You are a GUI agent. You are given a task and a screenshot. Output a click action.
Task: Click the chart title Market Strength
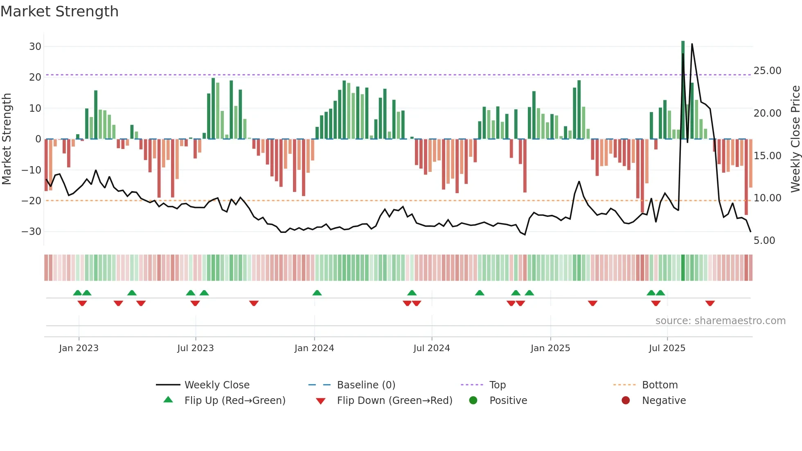coord(59,11)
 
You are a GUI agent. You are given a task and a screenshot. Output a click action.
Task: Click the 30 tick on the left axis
coord(35,47)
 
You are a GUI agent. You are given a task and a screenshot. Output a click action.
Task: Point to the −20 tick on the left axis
coord(32,201)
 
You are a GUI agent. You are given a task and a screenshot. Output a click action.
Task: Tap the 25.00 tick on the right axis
coord(767,71)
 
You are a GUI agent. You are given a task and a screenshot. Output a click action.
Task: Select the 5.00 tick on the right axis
coord(764,241)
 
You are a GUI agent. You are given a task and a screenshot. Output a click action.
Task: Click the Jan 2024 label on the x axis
coord(314,348)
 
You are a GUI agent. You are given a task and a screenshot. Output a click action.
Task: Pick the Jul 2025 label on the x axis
coord(667,348)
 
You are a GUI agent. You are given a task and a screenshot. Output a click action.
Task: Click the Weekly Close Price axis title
coord(795,139)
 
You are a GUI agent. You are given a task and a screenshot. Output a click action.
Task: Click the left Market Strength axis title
coord(7,139)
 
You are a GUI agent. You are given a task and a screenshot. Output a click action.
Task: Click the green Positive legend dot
coord(473,401)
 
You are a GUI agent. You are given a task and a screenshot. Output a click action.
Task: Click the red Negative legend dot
coord(625,401)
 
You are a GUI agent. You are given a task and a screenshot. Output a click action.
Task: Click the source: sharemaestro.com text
coord(720,321)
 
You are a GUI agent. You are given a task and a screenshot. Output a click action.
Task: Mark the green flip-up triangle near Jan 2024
coord(317,293)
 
